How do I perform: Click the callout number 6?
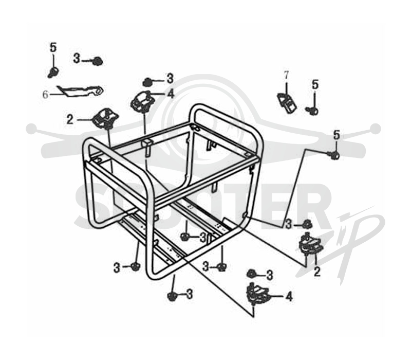[45, 95]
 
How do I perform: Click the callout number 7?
[286, 75]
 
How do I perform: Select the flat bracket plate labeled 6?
[81, 92]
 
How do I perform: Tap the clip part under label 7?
[287, 103]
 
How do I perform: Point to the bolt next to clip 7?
[312, 111]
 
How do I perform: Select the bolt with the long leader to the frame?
[333, 155]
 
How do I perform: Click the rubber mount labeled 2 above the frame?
[105, 119]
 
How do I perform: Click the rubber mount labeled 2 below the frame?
[310, 243]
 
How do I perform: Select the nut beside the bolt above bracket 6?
[98, 61]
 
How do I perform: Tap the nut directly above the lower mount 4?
[252, 274]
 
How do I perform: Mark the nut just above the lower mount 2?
[307, 224]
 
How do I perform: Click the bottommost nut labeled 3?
[172, 296]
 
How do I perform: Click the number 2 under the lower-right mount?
[317, 272]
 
